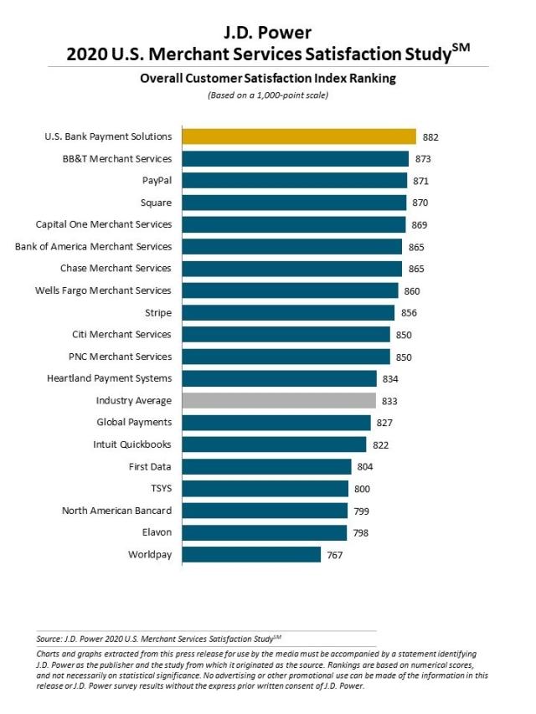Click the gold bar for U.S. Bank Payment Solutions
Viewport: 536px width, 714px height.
tap(299, 136)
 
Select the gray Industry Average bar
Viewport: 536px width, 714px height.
tap(279, 400)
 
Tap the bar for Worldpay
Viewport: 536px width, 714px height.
tap(251, 554)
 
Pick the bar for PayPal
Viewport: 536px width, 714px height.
tap(295, 180)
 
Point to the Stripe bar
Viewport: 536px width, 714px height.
tap(288, 312)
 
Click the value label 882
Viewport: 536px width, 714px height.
tap(430, 136)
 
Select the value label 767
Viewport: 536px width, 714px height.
tap(335, 554)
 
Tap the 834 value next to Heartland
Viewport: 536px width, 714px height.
tap(390, 378)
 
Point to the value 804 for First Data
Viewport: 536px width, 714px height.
tap(365, 466)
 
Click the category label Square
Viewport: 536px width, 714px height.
tap(157, 203)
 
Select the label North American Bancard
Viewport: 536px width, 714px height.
tap(116, 511)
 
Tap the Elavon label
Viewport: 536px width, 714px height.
tap(154, 532)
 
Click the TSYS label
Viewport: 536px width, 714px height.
tap(159, 488)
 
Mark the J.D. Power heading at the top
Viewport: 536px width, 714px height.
tap(268, 33)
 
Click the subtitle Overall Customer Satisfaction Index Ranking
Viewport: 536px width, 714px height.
tap(268, 79)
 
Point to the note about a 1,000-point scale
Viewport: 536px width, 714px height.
tap(268, 95)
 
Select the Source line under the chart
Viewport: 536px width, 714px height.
tap(168, 638)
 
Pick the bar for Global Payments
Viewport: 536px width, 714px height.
tap(276, 423)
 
